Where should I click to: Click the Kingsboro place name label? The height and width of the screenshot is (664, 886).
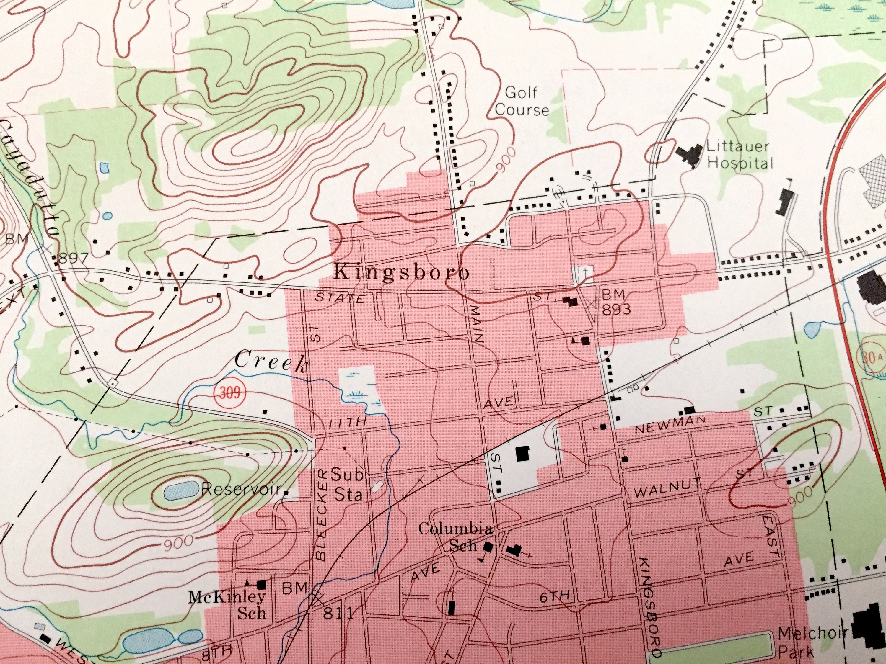tap(402, 273)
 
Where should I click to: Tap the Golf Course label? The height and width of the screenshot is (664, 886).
tap(522, 101)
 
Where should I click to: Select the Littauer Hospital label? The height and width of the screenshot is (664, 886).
tap(739, 155)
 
